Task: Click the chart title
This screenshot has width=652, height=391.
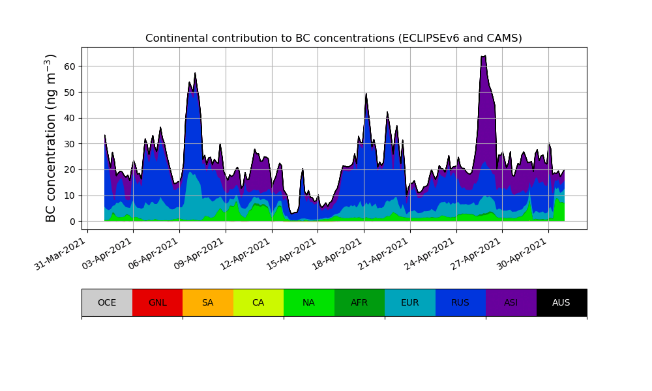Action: point(333,38)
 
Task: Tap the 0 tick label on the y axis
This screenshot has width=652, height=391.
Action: point(72,222)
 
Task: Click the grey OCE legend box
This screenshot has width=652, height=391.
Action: point(107,302)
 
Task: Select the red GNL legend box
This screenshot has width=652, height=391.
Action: point(157,302)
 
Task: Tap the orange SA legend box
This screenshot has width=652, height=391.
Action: point(208,302)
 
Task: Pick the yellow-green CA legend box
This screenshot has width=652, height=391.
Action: point(258,302)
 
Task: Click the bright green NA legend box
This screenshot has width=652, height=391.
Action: point(309,302)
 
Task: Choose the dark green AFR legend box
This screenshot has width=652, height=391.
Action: point(359,302)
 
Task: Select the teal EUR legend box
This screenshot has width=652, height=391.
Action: point(410,302)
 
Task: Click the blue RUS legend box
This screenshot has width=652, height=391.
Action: point(460,302)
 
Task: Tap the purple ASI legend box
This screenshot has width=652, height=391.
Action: point(511,302)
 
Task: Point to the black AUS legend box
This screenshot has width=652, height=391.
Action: point(561,302)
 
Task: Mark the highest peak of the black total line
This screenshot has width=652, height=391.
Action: point(485,56)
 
